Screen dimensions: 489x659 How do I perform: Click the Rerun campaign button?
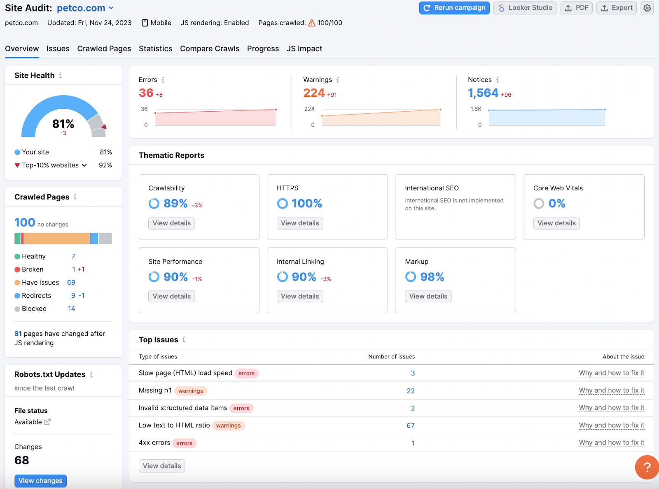454,8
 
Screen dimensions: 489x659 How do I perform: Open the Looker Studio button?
525,8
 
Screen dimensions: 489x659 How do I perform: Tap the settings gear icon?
647,8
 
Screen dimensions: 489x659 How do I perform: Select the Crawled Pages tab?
104,49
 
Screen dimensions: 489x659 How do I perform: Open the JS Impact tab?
304,49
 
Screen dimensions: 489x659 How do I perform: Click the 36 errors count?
146,93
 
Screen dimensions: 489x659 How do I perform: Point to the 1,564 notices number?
483,93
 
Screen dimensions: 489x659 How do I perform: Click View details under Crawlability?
172,223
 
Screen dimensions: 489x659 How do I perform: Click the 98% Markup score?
432,277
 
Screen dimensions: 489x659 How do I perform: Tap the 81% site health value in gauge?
63,124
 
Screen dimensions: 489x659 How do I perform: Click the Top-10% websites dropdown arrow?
84,165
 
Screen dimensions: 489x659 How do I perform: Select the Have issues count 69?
71,283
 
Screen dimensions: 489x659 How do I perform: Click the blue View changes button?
40,481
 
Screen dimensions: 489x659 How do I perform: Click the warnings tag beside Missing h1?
191,391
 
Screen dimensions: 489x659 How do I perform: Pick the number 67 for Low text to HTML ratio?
411,426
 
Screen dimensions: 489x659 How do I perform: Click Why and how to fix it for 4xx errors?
611,443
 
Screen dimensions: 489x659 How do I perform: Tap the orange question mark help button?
647,467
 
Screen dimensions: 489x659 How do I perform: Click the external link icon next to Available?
47,422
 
